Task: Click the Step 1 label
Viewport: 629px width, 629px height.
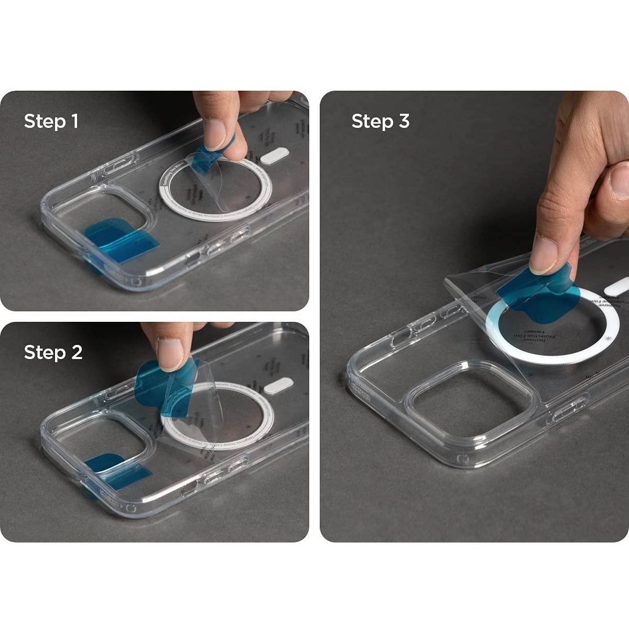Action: point(51,122)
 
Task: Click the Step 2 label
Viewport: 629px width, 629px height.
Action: point(53,352)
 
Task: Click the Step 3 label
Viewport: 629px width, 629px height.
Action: point(380,122)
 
